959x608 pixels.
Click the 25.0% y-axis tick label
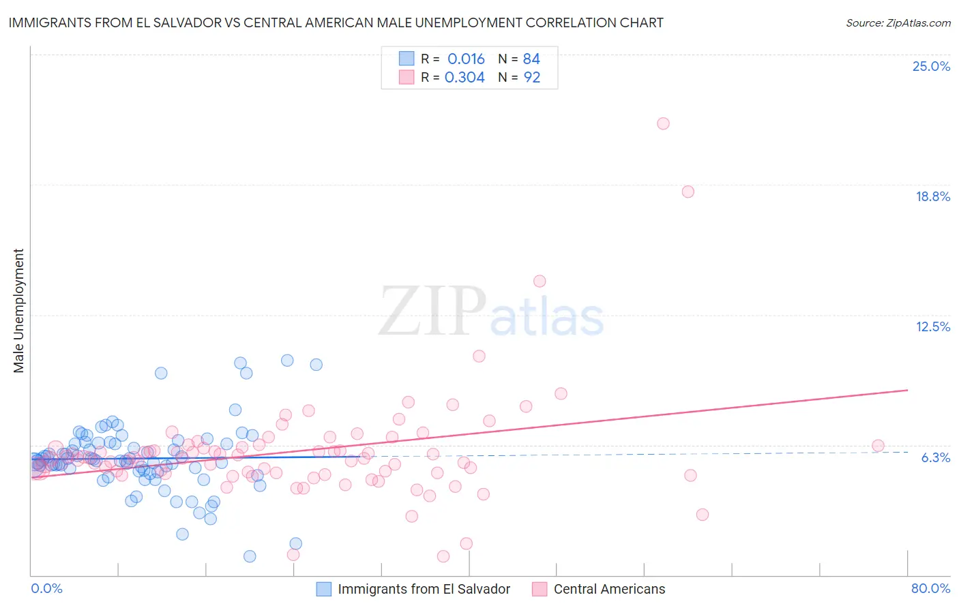[931, 66]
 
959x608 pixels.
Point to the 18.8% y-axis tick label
[932, 196]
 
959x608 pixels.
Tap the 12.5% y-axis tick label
[932, 326]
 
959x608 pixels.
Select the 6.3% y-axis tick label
[935, 457]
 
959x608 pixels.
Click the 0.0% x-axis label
[46, 588]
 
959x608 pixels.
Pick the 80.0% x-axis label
[930, 588]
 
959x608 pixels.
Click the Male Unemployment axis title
[18, 311]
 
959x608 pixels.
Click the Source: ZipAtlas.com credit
[898, 22]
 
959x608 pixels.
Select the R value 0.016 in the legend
[466, 59]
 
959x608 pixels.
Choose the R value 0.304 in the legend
[464, 77]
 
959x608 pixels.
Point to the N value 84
[531, 59]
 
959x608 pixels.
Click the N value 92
[531, 77]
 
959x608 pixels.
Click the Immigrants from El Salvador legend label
[424, 589]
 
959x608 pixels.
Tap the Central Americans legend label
[609, 589]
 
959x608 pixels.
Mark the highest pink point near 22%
[663, 123]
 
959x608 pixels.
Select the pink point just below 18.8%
[688, 192]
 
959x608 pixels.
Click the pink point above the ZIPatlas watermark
[540, 281]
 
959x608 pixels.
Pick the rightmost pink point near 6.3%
[878, 446]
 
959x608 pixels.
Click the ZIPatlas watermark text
[491, 312]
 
